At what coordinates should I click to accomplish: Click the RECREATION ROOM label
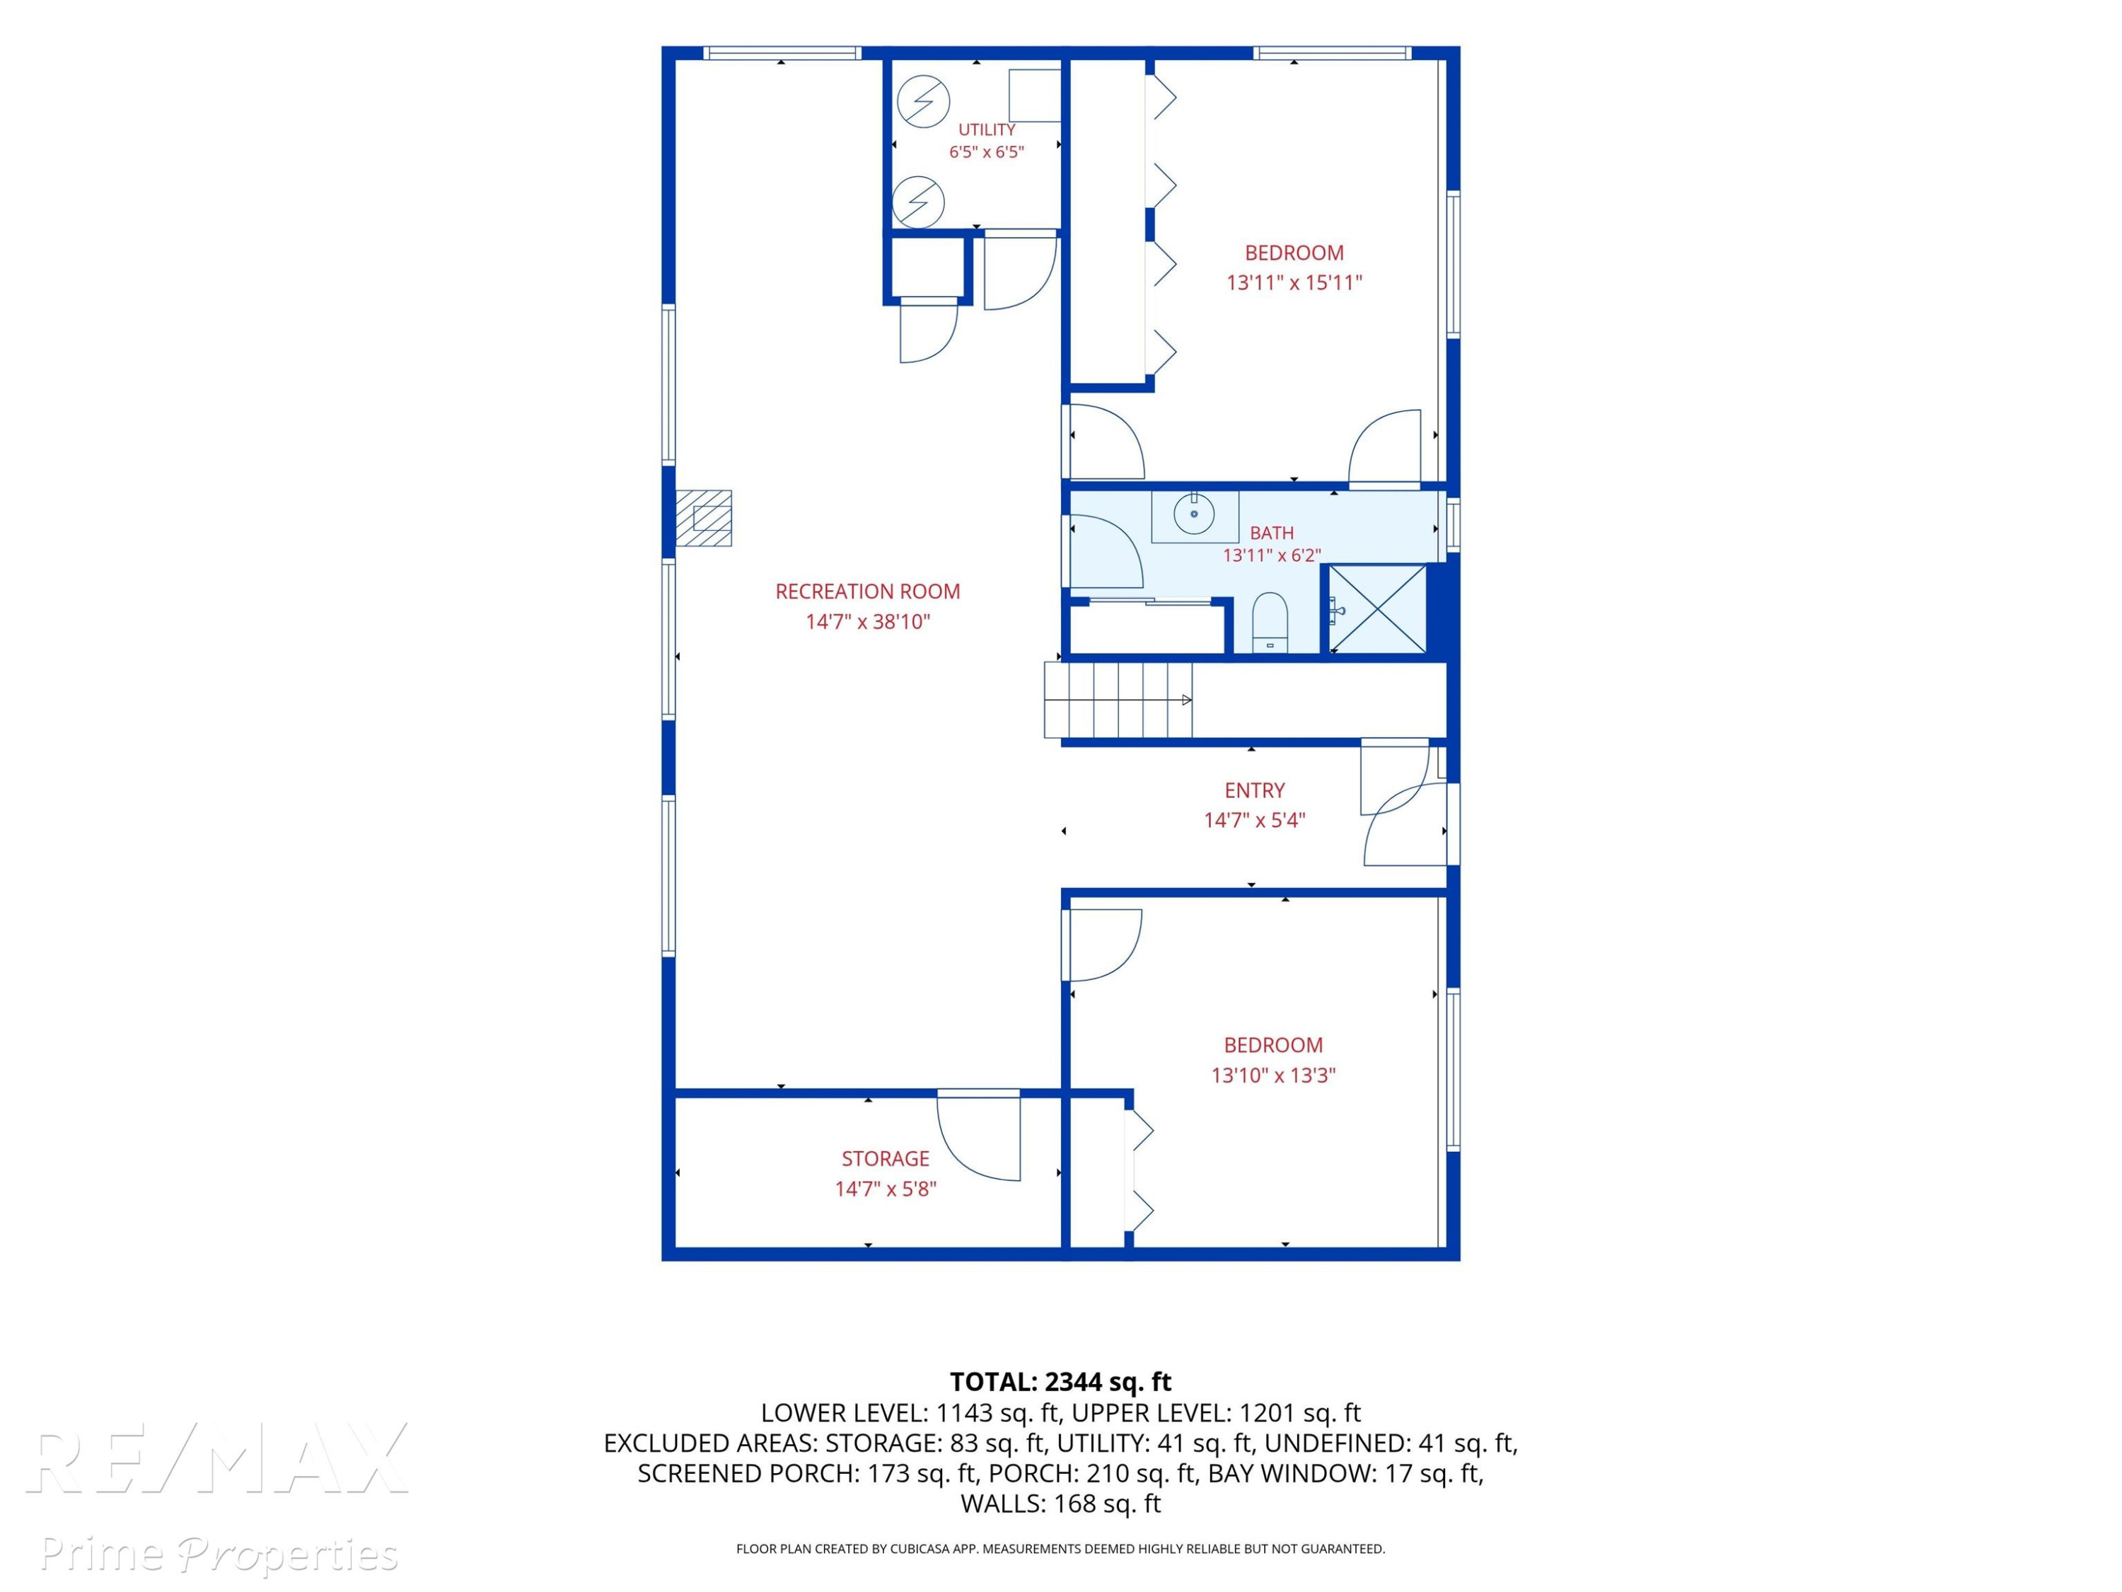coord(867,591)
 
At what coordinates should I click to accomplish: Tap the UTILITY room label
coord(986,129)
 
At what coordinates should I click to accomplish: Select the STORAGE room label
coord(886,1158)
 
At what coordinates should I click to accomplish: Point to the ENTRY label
coord(1254,790)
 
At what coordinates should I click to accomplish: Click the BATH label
coord(1271,533)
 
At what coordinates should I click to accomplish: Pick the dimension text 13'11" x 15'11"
coord(1294,282)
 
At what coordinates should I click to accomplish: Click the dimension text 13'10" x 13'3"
coord(1273,1075)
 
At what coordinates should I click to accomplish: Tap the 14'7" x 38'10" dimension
coord(867,621)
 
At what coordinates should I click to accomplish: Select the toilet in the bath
coord(1270,623)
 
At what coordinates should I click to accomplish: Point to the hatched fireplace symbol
coord(703,518)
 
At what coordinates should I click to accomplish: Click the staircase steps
coord(1118,700)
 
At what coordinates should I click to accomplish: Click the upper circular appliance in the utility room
coord(923,100)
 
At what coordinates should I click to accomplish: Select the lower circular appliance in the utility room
coord(918,202)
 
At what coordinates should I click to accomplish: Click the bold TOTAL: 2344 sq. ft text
coord(1060,1382)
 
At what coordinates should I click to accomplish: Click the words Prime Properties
coord(219,1554)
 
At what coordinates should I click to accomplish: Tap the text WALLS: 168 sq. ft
coord(1060,1504)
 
